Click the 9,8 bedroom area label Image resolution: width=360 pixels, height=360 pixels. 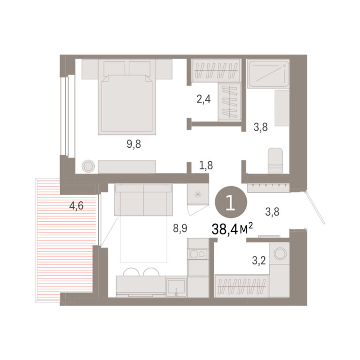click(134, 144)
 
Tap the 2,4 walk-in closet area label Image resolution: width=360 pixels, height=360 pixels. click(203, 99)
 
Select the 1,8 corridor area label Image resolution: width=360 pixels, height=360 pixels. click(206, 165)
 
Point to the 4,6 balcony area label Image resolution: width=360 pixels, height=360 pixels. click(76, 205)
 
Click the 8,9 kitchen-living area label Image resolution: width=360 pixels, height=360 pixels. click(180, 228)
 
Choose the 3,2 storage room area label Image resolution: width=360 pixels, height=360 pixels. click(259, 260)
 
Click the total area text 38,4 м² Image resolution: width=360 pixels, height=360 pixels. click(232, 229)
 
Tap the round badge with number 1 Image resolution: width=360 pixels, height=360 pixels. click(231, 202)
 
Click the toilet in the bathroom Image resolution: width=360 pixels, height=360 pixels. click(275, 160)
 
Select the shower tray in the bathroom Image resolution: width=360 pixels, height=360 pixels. click(269, 74)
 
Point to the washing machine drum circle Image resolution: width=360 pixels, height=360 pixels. click(280, 254)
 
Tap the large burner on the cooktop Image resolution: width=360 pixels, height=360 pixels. click(194, 255)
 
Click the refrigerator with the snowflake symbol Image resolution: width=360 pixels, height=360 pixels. click(198, 195)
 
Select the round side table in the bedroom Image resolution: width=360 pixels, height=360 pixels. click(88, 166)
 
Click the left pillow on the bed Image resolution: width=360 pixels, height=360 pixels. click(114, 68)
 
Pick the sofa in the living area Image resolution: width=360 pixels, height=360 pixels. click(143, 200)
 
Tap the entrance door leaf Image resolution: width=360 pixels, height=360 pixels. click(315, 208)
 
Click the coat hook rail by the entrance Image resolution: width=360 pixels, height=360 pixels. click(269, 187)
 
